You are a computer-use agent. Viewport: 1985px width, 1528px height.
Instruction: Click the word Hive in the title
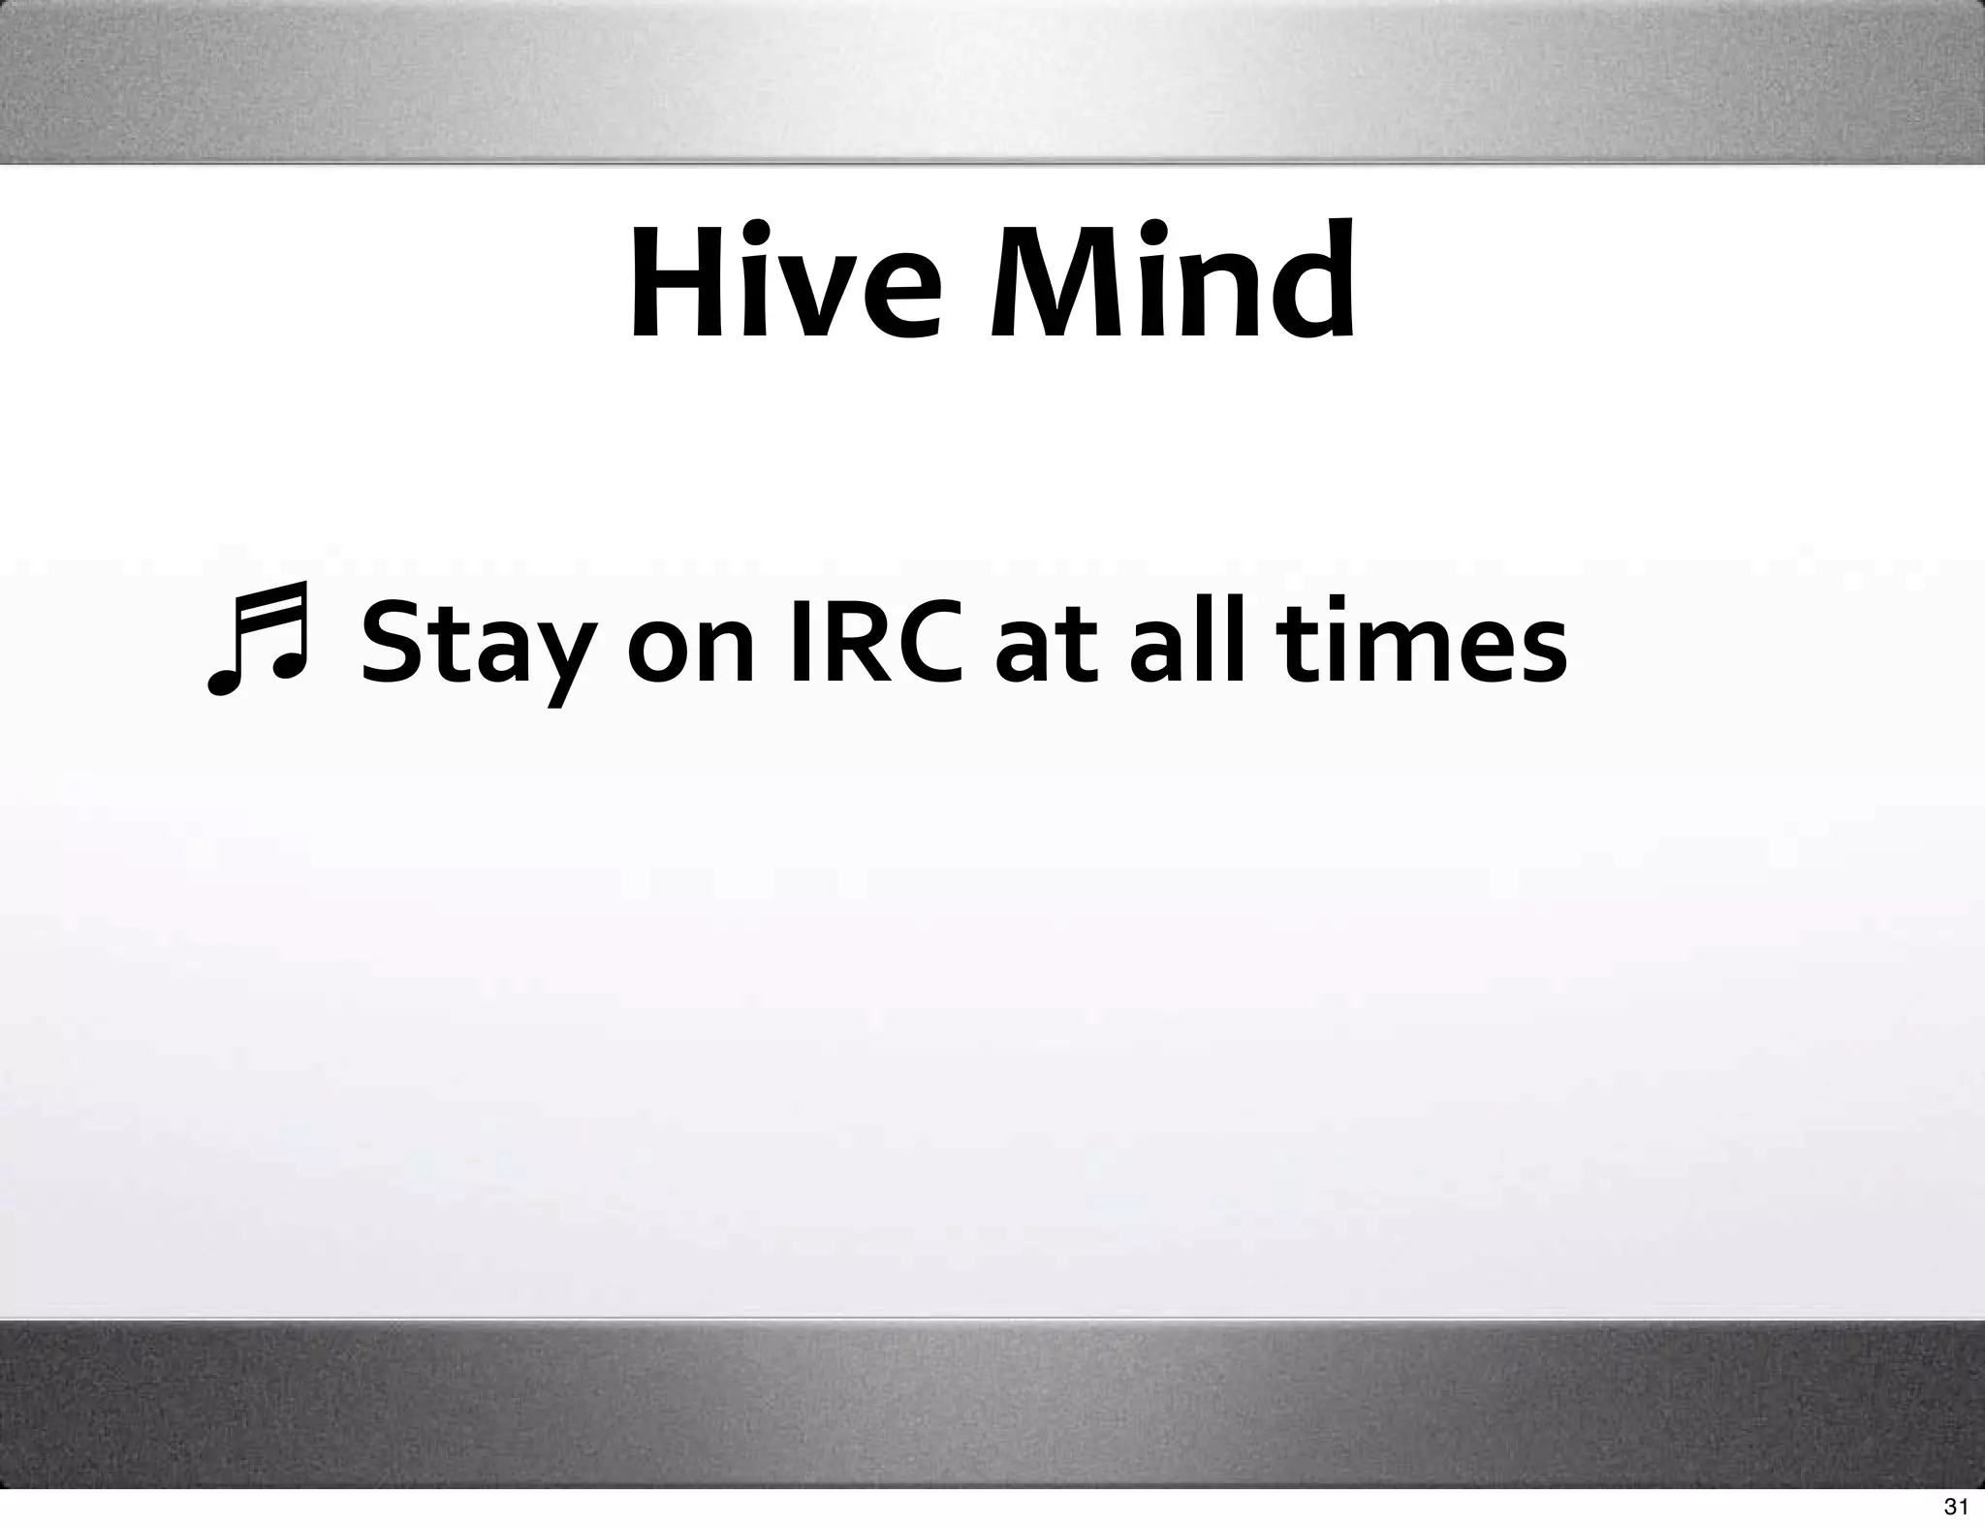pyautogui.click(x=784, y=282)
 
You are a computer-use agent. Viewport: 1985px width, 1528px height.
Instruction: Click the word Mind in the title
pyautogui.click(x=1172, y=282)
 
